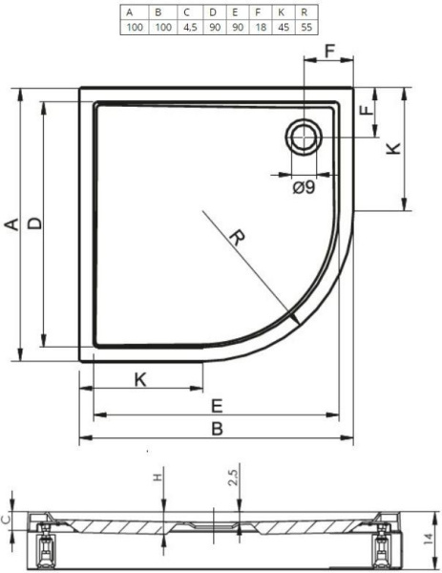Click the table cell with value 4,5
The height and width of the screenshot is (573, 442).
click(x=190, y=28)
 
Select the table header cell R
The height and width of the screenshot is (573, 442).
click(x=306, y=12)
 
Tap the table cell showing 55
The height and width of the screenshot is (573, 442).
click(x=306, y=28)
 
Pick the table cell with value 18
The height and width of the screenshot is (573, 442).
click(x=261, y=28)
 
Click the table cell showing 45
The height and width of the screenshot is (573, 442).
click(x=284, y=28)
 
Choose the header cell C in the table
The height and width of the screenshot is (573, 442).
click(x=190, y=12)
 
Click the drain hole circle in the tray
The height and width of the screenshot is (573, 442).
click(x=304, y=137)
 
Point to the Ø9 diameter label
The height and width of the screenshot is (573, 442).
click(x=304, y=187)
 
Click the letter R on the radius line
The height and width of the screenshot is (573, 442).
click(x=237, y=238)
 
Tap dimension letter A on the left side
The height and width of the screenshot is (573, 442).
click(x=12, y=224)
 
